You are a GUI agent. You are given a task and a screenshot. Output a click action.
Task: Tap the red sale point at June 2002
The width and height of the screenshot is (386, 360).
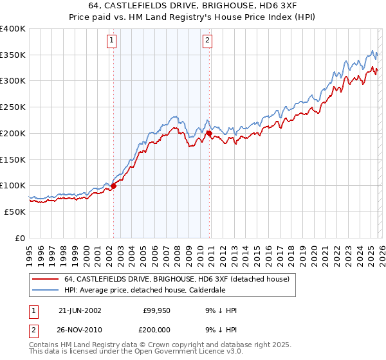(113, 186)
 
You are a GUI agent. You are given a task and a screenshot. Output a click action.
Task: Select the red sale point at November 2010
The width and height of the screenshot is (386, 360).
(209, 133)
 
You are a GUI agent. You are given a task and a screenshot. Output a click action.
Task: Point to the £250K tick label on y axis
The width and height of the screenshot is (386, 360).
(13, 107)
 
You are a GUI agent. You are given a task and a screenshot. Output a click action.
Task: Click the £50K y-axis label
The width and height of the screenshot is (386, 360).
(15, 212)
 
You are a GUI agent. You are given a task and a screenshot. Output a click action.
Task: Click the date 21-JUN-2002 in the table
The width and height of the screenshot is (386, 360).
(80, 310)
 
